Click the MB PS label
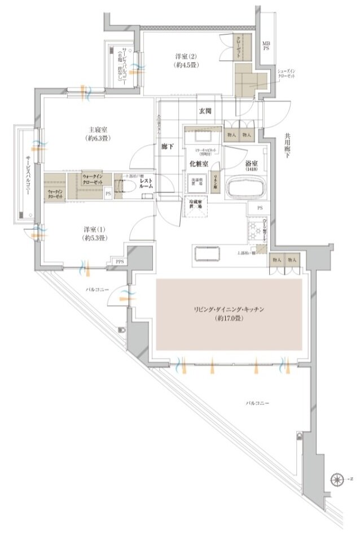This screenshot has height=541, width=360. [265, 46]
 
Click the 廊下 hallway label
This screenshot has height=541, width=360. [168, 146]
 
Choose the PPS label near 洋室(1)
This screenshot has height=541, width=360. [120, 261]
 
